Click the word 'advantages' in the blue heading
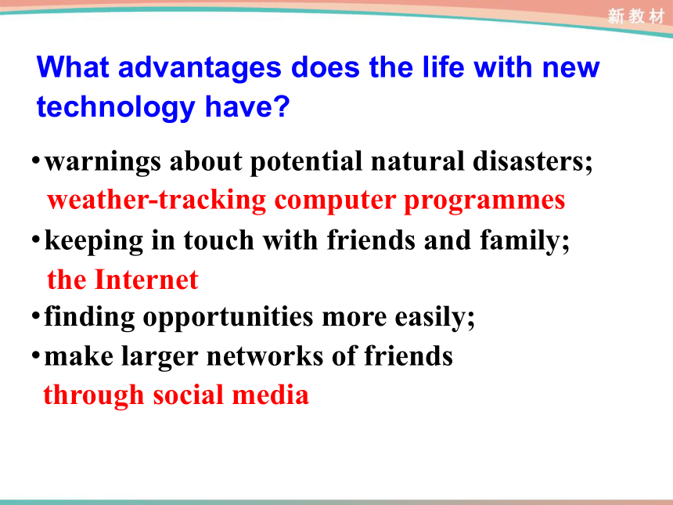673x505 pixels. click(200, 69)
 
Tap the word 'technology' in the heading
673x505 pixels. click(116, 108)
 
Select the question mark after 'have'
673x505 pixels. click(283, 106)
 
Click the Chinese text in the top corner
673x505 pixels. click(635, 16)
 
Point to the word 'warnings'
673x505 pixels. click(103, 162)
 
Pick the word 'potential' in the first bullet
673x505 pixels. click(306, 162)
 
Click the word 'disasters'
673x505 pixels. click(529, 161)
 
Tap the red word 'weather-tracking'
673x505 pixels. click(157, 201)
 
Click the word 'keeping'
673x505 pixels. click(94, 241)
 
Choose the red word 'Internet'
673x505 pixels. click(146, 280)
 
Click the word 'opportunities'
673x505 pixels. click(228, 318)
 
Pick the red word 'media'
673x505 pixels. click(271, 395)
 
